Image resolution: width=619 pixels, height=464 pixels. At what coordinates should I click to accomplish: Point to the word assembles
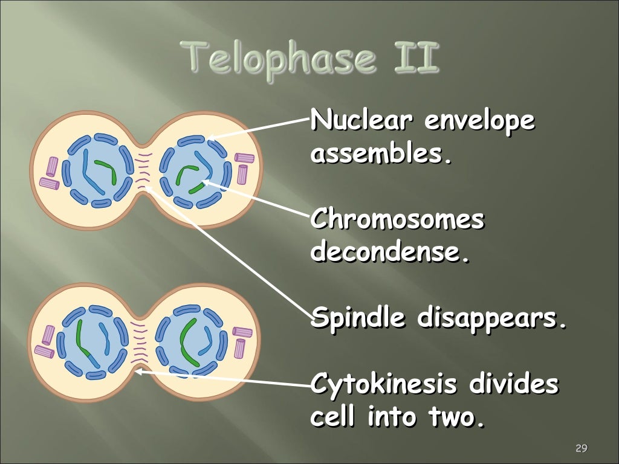(x=381, y=155)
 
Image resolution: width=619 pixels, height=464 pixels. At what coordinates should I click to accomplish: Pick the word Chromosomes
(x=397, y=220)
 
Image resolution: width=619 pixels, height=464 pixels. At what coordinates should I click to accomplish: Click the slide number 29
(x=581, y=448)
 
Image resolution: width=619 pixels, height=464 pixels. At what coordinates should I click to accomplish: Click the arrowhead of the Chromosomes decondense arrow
(x=204, y=179)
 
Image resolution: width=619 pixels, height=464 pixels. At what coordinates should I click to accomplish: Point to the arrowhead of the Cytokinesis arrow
(x=137, y=372)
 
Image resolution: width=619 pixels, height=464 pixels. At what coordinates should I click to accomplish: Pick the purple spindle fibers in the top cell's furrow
(x=144, y=171)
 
